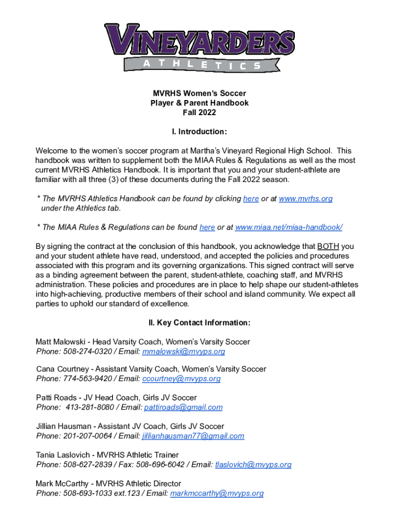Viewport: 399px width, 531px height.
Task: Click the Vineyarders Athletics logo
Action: (x=199, y=47)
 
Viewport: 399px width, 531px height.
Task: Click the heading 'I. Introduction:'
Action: (x=199, y=131)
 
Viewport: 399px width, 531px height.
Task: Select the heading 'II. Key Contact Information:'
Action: (x=199, y=323)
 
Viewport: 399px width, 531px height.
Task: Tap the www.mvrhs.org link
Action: (x=305, y=199)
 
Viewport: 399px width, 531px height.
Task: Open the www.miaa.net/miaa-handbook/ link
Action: (x=289, y=227)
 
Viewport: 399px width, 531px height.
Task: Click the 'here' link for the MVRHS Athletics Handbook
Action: (x=251, y=199)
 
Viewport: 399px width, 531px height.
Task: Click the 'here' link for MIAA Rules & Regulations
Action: (x=207, y=227)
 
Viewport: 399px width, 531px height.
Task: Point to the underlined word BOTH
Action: (x=328, y=246)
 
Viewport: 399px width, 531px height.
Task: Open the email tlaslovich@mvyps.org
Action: (x=253, y=465)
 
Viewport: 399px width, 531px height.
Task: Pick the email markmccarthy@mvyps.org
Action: (x=217, y=493)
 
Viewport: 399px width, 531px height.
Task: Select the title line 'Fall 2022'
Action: (x=199, y=113)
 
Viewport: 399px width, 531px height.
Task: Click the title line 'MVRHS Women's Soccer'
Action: (x=199, y=94)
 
